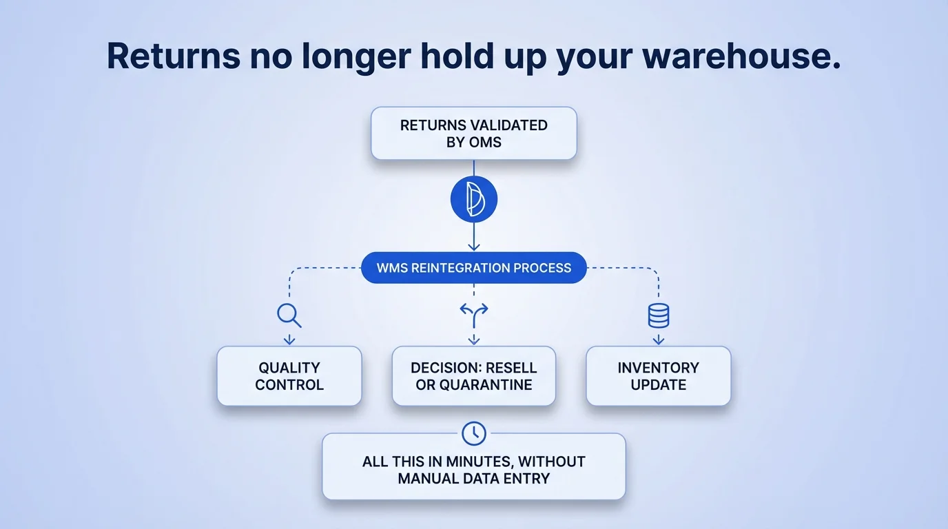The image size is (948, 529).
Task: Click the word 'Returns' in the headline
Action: coord(174,56)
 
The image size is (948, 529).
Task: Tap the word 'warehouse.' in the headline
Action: coord(741,56)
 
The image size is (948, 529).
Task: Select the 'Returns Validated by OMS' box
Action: coord(474,134)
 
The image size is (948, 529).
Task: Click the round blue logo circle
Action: coord(474,199)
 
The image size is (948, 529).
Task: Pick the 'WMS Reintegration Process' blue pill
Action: coord(474,268)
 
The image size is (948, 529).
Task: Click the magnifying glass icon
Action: coord(289,315)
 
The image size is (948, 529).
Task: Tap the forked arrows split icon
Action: coord(474,315)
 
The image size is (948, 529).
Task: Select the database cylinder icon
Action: coord(659,315)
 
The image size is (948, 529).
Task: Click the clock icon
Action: coord(474,433)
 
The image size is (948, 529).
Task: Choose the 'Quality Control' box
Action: coord(289,376)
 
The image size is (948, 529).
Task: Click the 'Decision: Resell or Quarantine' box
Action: coord(474,376)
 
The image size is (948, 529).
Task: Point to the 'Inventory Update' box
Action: coord(659,376)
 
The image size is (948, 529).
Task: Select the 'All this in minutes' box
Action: coord(474,466)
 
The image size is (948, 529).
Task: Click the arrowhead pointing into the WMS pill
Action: coord(474,247)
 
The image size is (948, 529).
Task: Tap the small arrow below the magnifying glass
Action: coord(289,339)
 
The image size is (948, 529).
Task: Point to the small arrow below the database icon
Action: coord(659,339)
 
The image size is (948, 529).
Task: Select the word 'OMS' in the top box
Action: coord(486,142)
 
